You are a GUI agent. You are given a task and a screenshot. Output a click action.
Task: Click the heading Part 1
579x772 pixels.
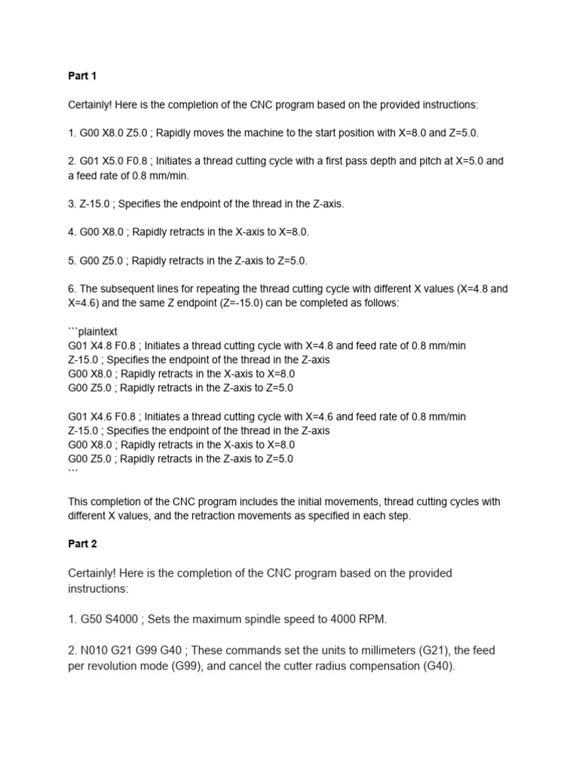(x=82, y=76)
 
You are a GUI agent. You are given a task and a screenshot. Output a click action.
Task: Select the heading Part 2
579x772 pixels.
(x=82, y=544)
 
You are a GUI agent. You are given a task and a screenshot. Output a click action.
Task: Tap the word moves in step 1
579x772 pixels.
(x=195, y=133)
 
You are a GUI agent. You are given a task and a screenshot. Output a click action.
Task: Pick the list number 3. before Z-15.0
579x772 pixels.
(x=72, y=204)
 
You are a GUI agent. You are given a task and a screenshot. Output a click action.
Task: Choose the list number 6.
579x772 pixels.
(x=72, y=289)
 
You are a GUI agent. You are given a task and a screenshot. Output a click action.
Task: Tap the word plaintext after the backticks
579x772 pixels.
(x=100, y=331)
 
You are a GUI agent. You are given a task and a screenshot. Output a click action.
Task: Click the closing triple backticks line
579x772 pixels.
(x=73, y=473)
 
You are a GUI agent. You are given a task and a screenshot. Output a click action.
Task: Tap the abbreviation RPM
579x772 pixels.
(x=370, y=620)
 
